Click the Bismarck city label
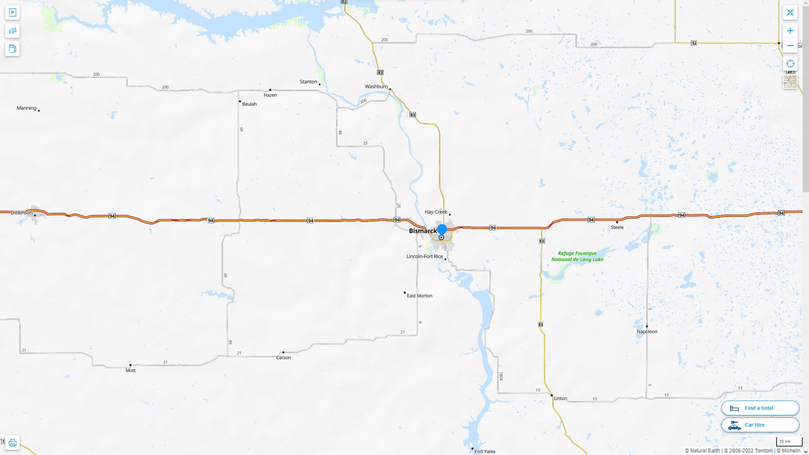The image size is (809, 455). tap(423, 231)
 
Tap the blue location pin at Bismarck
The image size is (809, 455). tap(442, 230)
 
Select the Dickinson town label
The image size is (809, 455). tap(21, 213)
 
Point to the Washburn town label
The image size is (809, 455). tap(376, 87)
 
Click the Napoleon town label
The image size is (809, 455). tap(647, 332)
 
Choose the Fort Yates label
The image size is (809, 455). tap(485, 451)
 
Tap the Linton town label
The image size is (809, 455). tap(560, 399)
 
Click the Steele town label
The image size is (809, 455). tap(617, 227)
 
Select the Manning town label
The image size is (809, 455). tap(27, 108)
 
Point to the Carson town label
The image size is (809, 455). tap(283, 358)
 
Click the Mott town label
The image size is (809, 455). tap(131, 371)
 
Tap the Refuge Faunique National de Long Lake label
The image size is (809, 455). tap(577, 256)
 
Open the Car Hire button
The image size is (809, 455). tap(760, 425)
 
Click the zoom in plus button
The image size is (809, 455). tap(790, 31)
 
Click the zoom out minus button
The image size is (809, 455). tap(790, 45)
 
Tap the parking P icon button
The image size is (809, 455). tap(12, 13)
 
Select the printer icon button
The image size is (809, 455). tap(12, 443)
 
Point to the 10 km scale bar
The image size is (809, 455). tap(789, 442)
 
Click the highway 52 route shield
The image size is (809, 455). tap(694, 43)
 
